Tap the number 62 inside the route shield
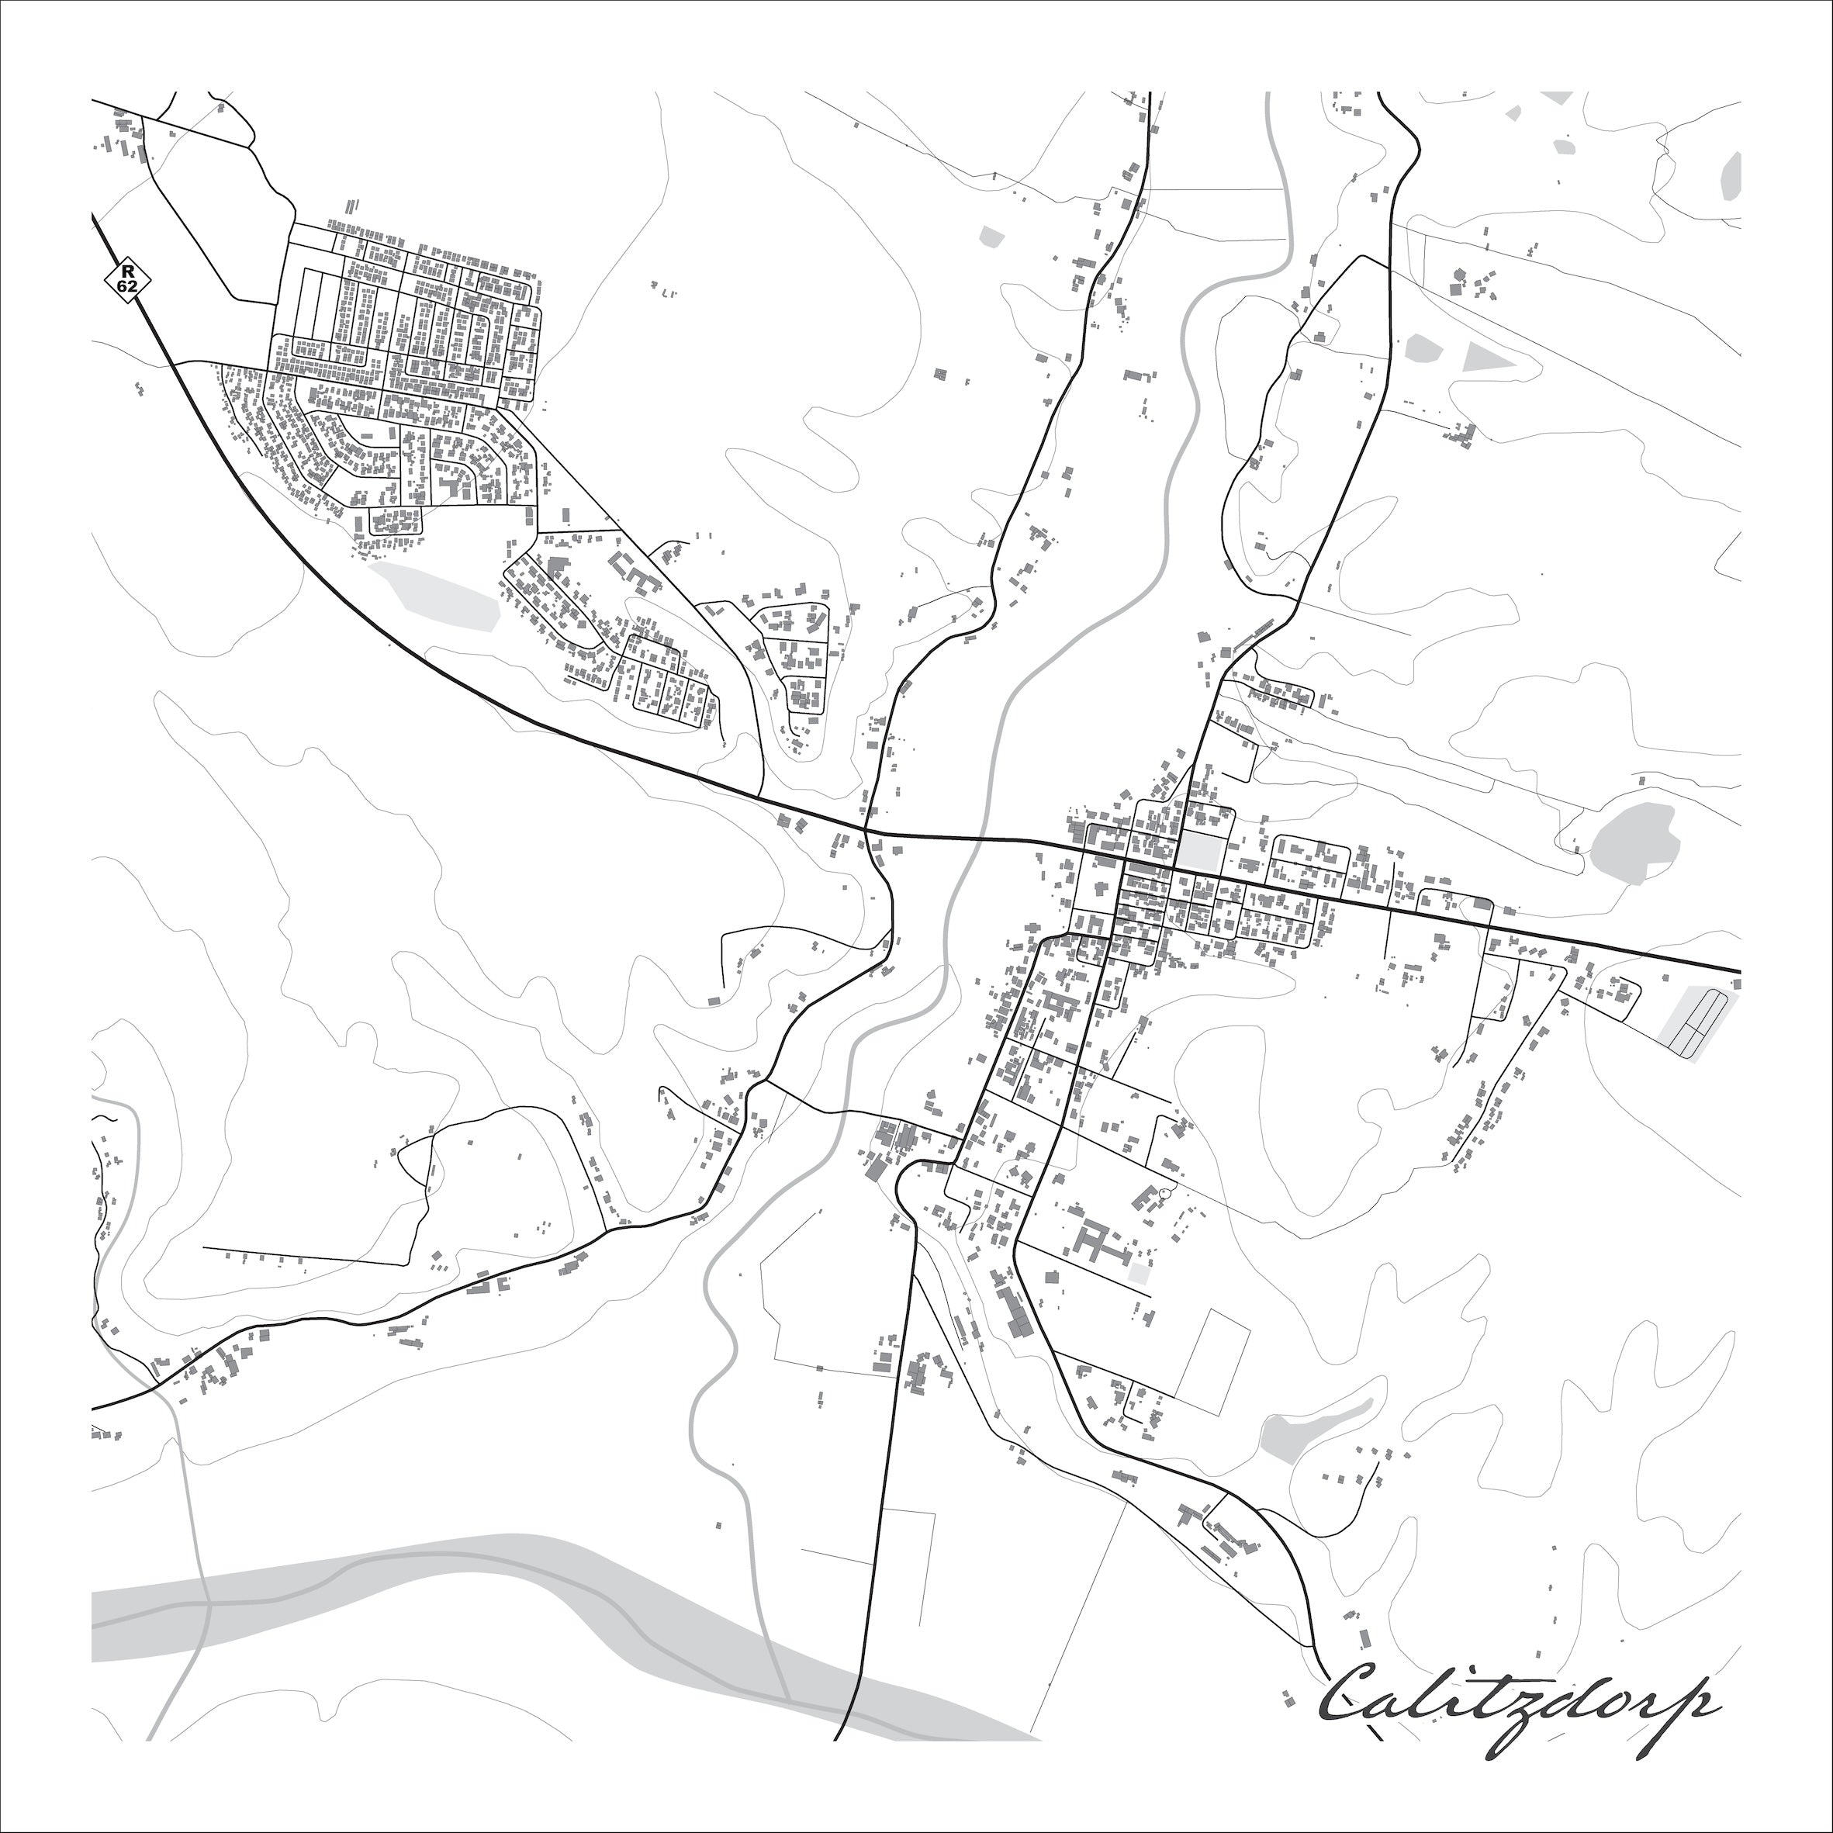127,285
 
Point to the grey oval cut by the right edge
1731,175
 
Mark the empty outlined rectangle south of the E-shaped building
1212,1351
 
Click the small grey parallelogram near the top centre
991,237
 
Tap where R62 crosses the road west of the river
866,833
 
